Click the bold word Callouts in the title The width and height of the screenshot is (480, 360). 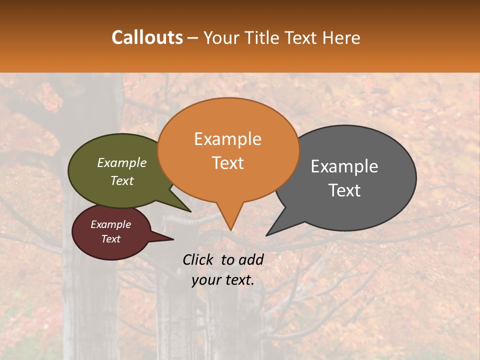[147, 37]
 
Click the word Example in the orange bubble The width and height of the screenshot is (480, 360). [227, 139]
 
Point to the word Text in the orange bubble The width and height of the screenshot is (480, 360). [227, 163]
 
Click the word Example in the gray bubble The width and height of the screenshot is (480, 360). [344, 166]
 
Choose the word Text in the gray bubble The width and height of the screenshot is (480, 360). [344, 190]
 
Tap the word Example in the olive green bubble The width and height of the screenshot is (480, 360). [121, 163]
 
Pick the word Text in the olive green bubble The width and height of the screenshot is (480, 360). [121, 180]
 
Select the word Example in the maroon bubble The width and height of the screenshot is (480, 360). [110, 224]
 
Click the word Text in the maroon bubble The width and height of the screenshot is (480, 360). [110, 239]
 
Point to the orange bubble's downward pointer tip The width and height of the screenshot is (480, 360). [230, 230]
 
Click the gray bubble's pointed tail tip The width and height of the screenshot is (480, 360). [266, 235]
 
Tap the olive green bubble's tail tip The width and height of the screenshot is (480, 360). [190, 211]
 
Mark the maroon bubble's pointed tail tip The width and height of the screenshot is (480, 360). [173, 239]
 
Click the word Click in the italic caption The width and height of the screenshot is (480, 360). [198, 259]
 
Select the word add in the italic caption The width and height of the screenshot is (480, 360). [251, 259]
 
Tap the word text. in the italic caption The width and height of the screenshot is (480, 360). [238, 280]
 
